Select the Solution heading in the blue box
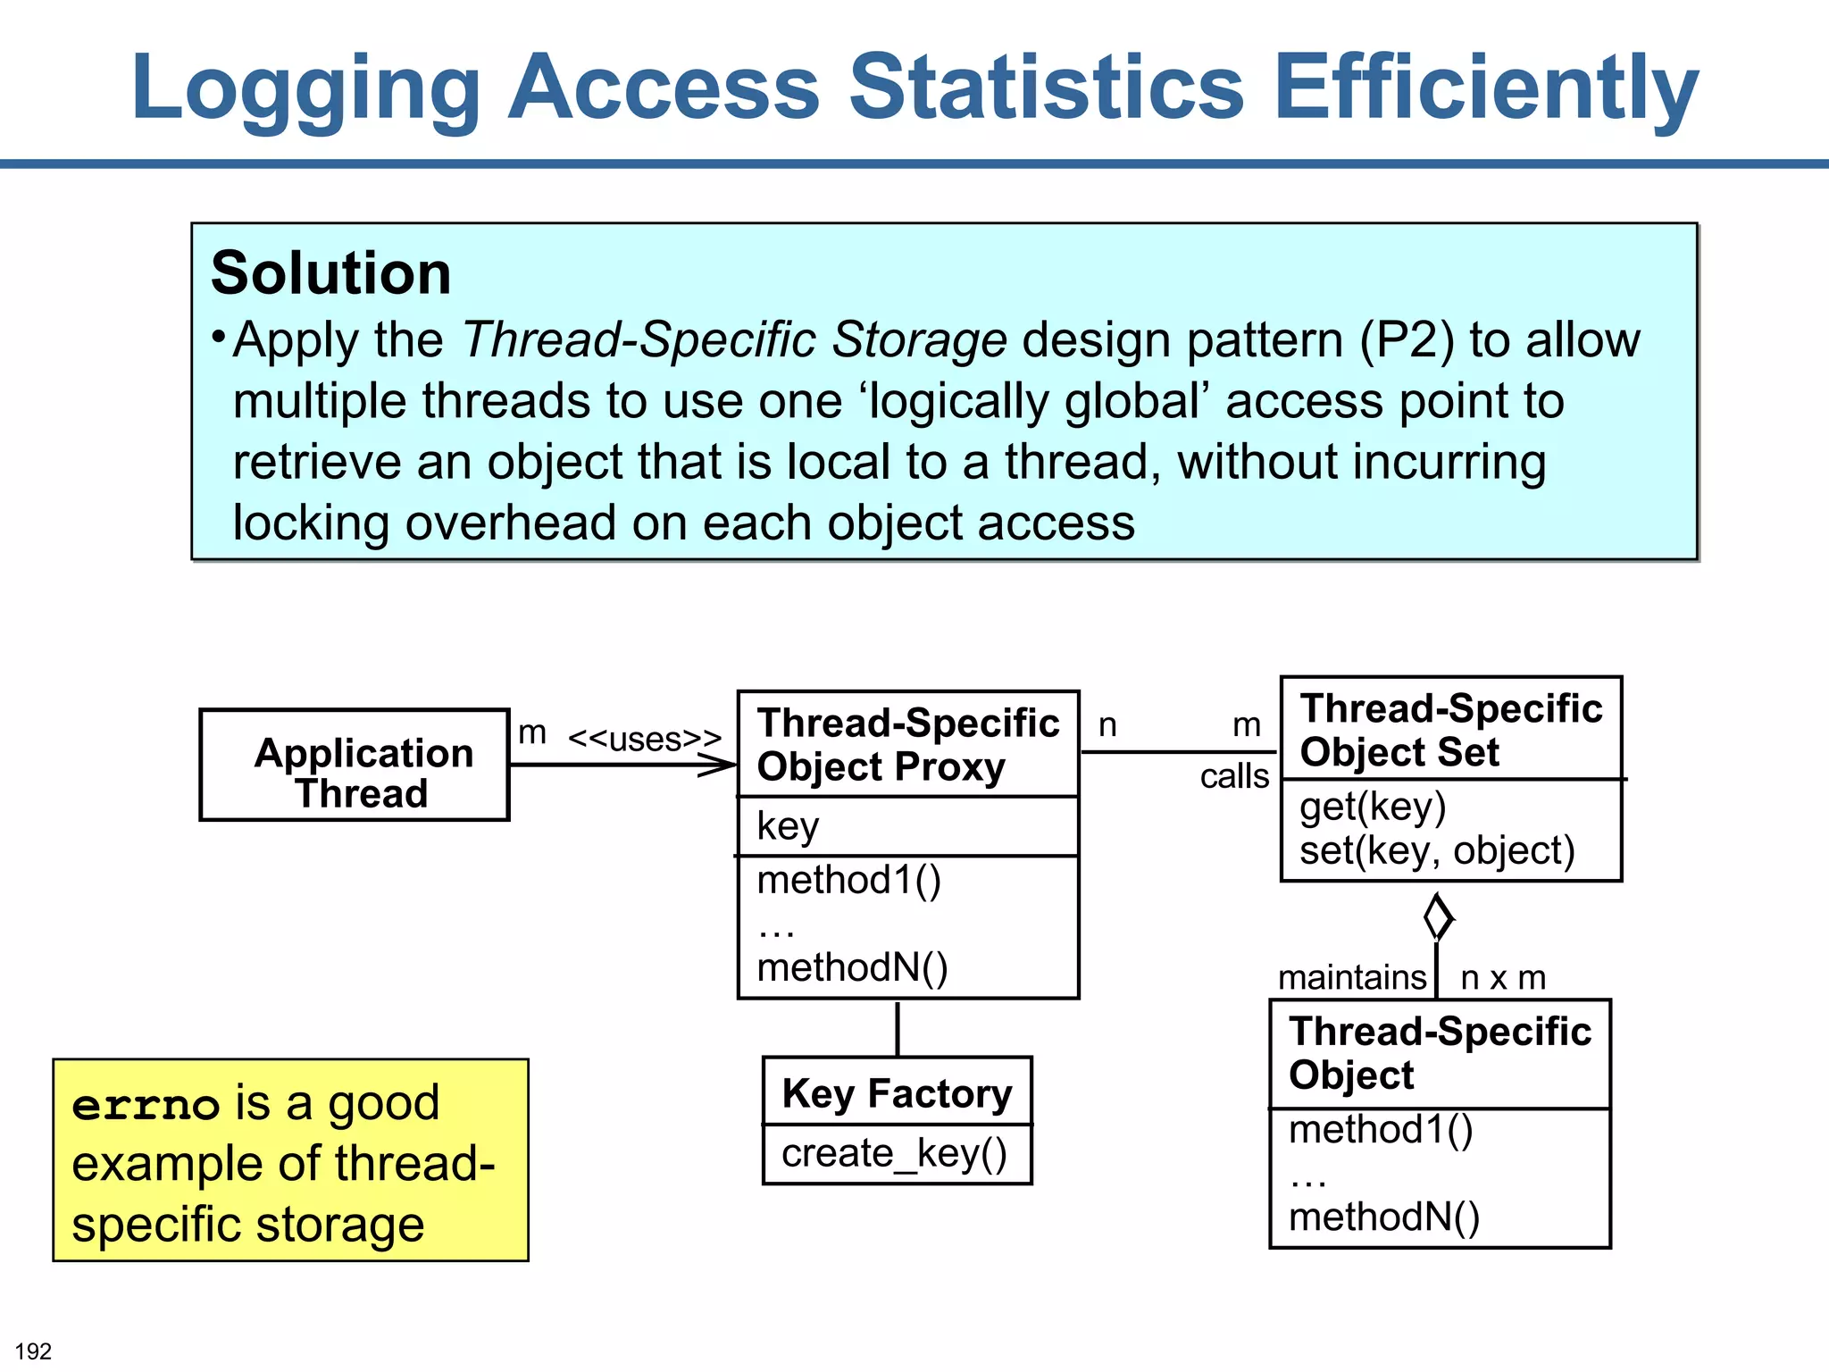click(x=331, y=272)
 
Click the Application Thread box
click(x=355, y=765)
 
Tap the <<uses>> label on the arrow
click(x=644, y=740)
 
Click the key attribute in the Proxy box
click(x=788, y=826)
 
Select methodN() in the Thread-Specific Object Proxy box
click(x=852, y=967)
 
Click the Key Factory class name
click(x=897, y=1093)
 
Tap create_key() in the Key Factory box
click(x=894, y=1153)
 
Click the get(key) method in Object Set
click(x=1373, y=807)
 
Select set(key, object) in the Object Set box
click(x=1437, y=850)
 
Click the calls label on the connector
click(x=1234, y=776)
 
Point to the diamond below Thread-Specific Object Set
click(x=1437, y=916)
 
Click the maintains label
click(x=1352, y=977)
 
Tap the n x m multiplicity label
click(x=1503, y=977)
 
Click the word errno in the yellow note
click(x=146, y=1106)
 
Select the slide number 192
click(x=34, y=1351)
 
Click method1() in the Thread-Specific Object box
click(x=1381, y=1130)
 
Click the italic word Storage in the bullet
click(x=919, y=340)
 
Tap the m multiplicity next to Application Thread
click(x=532, y=732)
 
